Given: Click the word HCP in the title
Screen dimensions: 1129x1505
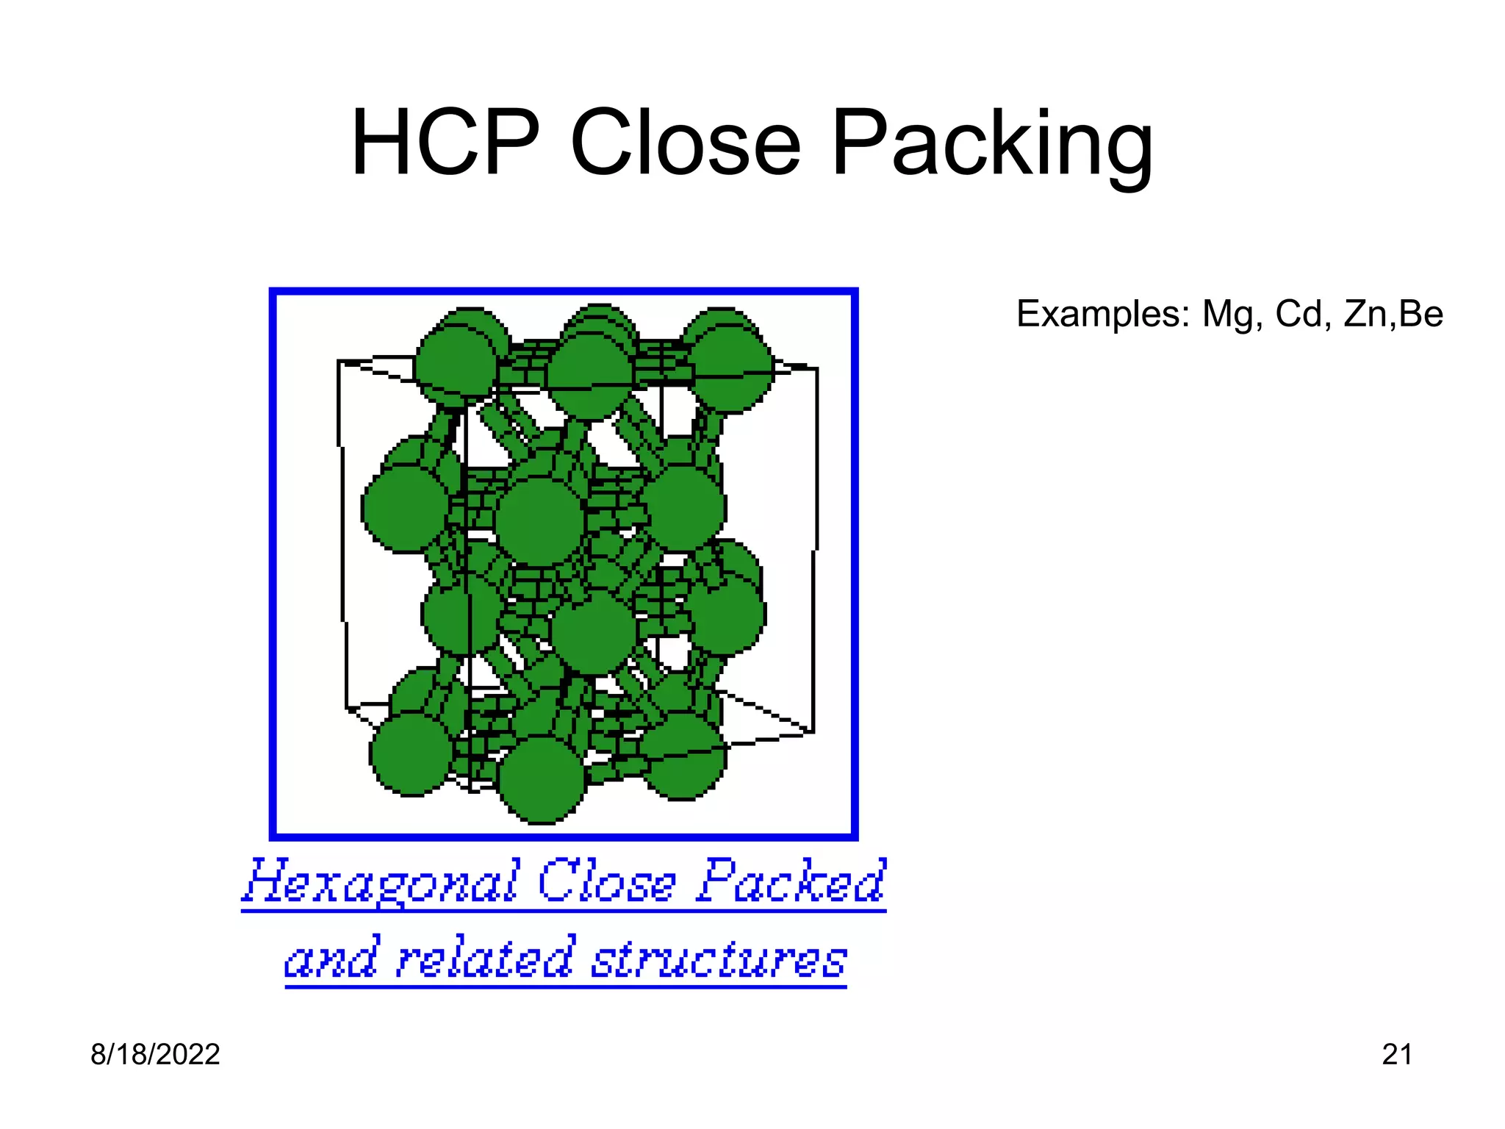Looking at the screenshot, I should (445, 143).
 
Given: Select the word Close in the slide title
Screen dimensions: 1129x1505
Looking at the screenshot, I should (684, 143).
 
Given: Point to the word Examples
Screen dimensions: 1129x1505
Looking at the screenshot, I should (1102, 314).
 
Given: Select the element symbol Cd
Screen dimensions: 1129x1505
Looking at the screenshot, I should (1301, 314).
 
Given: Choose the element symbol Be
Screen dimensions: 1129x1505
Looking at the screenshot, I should (1421, 314).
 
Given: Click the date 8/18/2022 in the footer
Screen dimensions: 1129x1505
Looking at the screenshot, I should (155, 1055).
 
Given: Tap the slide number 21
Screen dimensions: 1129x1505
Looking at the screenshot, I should (1397, 1055).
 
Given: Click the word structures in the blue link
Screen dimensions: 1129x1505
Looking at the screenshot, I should (719, 958).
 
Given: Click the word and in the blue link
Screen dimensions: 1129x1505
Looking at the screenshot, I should (332, 958).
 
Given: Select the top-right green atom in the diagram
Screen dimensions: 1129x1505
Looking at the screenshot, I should (731, 368).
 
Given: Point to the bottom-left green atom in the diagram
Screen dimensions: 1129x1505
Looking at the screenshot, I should (412, 753).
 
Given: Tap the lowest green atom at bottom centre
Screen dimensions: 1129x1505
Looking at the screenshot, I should (542, 779).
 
